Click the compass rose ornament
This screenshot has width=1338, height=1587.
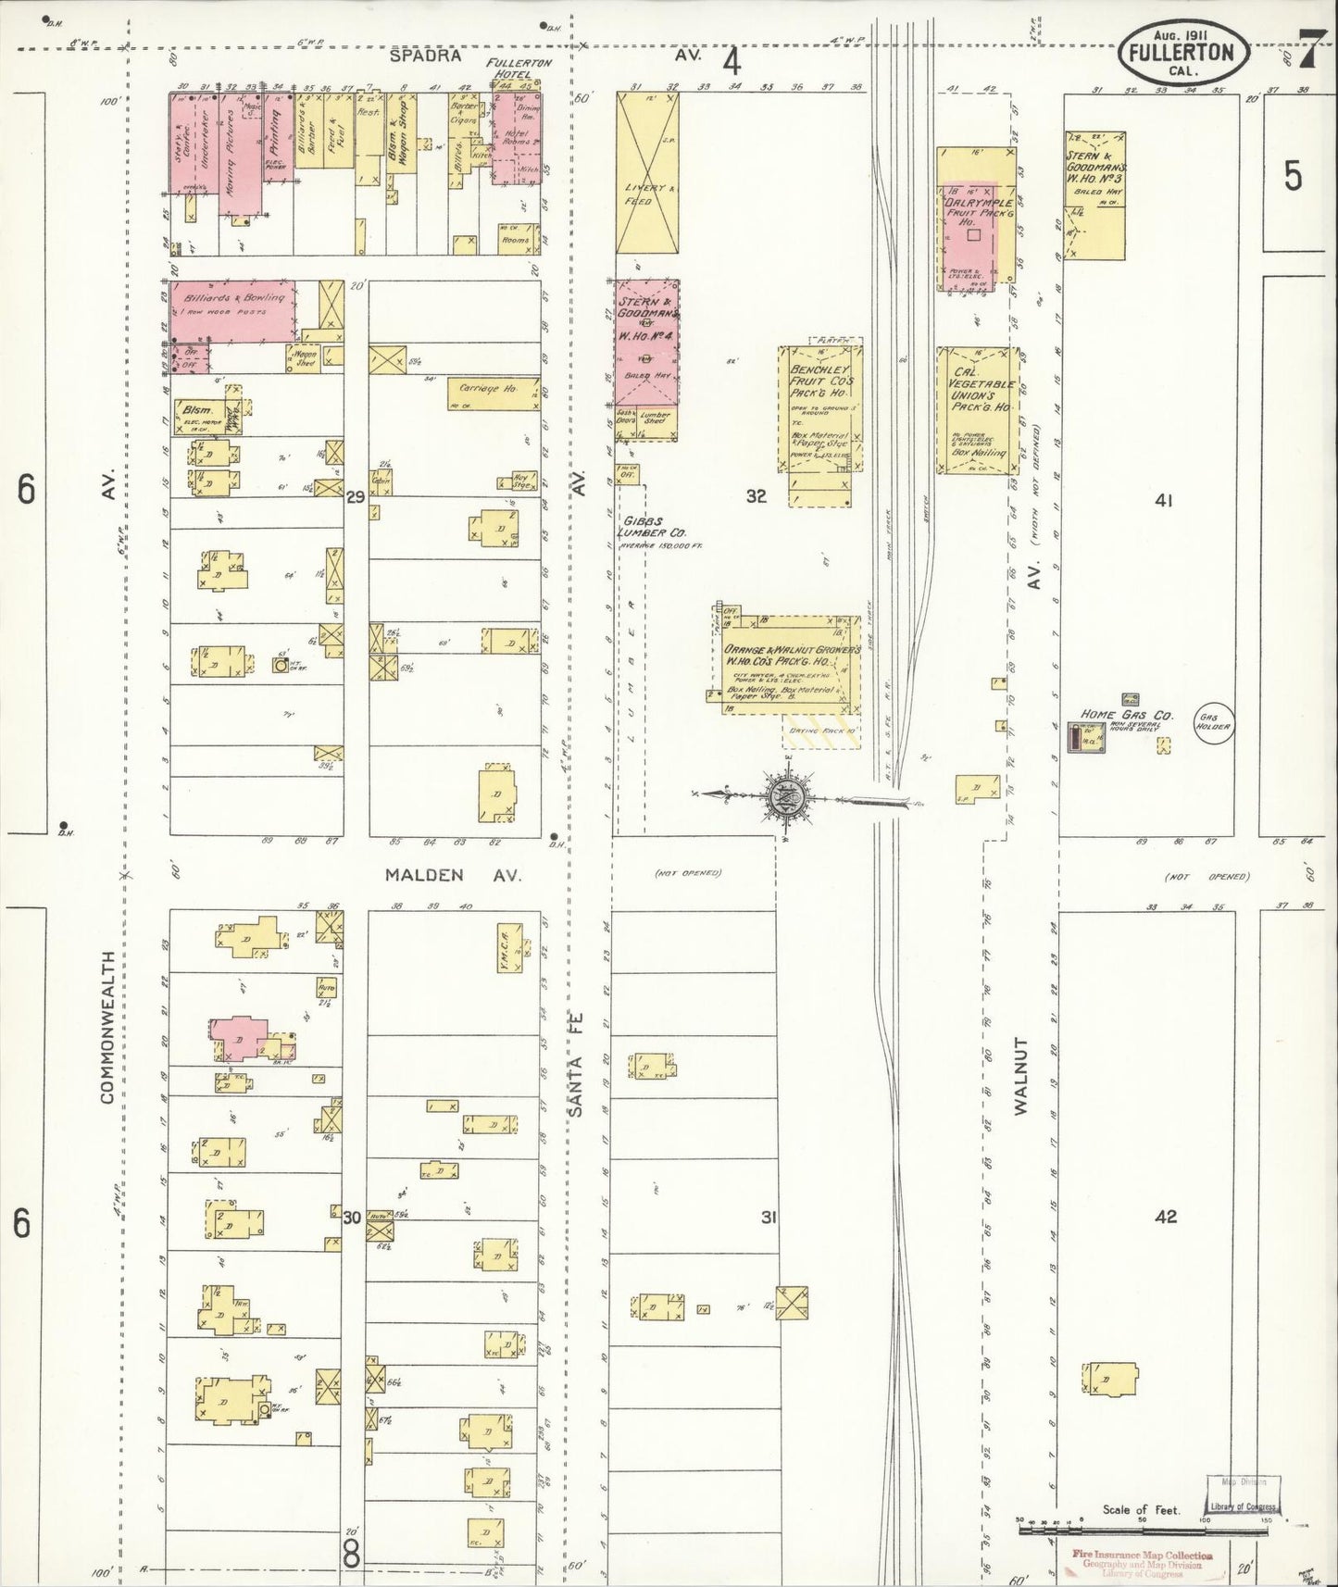click(x=787, y=794)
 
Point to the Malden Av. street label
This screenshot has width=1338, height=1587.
click(x=452, y=875)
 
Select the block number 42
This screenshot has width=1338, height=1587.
click(x=1165, y=1216)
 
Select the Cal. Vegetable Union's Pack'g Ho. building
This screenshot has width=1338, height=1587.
click(x=976, y=412)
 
